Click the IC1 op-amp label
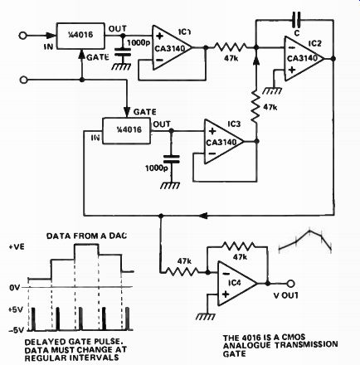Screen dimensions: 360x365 point(184,32)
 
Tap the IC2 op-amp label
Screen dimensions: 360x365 point(315,44)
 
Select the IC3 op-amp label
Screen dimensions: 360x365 point(234,124)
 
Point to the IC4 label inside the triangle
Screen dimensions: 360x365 point(235,283)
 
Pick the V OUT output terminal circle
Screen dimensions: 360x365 point(290,284)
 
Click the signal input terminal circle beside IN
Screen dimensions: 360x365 point(22,36)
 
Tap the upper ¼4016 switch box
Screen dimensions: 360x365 point(80,36)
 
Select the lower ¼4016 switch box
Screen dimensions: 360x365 point(127,131)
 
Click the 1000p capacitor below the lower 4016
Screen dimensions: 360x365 point(171,159)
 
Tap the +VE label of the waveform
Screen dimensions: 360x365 point(17,246)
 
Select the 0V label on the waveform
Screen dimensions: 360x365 point(16,288)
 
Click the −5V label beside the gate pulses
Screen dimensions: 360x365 point(16,329)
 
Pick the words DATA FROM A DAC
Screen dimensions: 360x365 point(86,236)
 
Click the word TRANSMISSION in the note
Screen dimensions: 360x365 point(306,345)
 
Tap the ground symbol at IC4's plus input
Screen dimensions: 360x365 point(206,316)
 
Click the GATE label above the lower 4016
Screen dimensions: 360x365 point(144,112)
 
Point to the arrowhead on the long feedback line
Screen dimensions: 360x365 point(203,216)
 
